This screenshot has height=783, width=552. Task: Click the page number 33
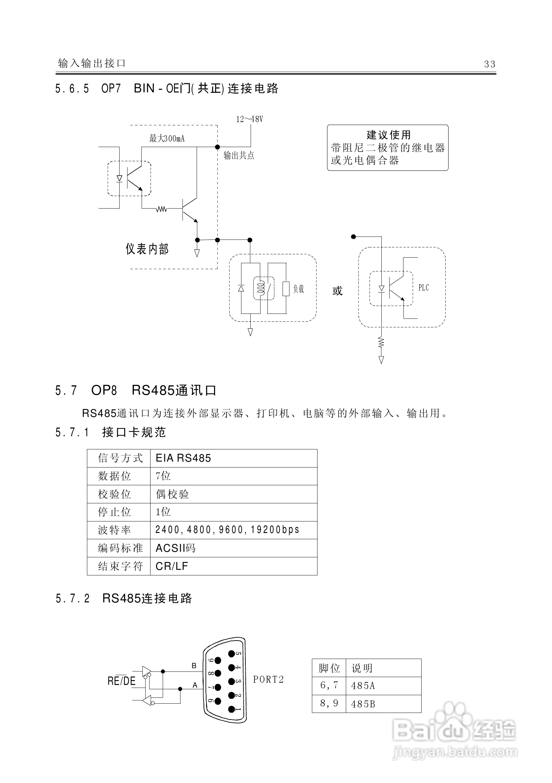click(x=489, y=64)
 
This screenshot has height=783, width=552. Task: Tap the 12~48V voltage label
click(x=250, y=119)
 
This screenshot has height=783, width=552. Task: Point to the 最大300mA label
click(x=167, y=139)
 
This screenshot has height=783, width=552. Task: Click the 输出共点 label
click(x=239, y=156)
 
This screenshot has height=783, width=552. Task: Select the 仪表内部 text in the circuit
click(x=147, y=249)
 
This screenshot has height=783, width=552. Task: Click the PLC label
click(x=424, y=288)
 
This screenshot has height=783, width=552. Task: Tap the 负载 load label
click(x=298, y=289)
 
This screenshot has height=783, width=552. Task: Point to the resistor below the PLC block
click(x=381, y=342)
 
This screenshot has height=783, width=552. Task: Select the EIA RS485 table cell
click(x=183, y=458)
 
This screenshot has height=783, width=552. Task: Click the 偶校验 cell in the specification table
click(x=172, y=494)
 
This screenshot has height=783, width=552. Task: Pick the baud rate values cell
click(x=227, y=530)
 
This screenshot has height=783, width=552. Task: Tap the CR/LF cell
click(x=172, y=566)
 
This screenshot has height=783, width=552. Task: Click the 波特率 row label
click(x=115, y=530)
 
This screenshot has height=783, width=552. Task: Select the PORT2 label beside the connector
click(x=268, y=680)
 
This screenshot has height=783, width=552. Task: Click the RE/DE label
click(x=122, y=681)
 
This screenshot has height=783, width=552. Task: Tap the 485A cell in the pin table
click(x=363, y=686)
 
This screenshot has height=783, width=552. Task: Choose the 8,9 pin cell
click(x=329, y=703)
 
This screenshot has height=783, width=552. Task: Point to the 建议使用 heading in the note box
click(x=389, y=135)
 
